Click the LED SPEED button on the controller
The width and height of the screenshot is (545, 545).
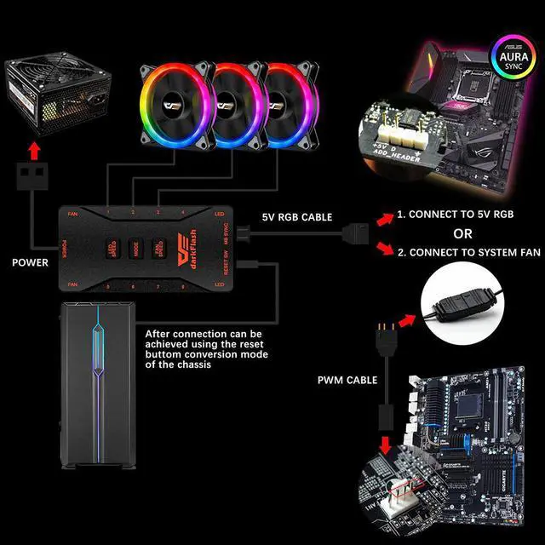click(x=112, y=249)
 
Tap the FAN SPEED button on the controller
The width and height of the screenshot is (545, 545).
click(x=158, y=249)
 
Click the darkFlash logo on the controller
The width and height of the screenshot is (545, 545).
click(x=183, y=249)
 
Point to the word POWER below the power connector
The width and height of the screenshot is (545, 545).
click(x=30, y=263)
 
